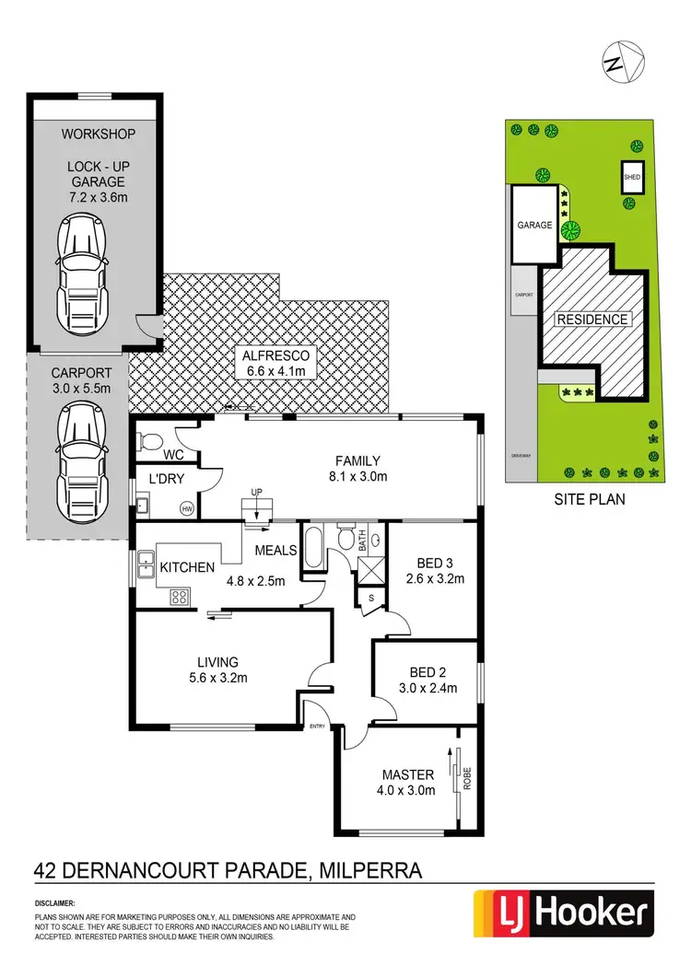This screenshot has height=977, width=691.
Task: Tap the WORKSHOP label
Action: [x=99, y=134]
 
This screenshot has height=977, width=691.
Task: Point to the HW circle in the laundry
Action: [x=188, y=507]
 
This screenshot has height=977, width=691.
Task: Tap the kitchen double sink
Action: [x=145, y=564]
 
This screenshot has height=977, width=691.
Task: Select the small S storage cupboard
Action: [x=370, y=599]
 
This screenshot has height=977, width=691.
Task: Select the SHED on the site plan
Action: [x=632, y=177]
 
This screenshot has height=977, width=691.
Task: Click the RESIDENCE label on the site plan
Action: [x=592, y=320]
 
